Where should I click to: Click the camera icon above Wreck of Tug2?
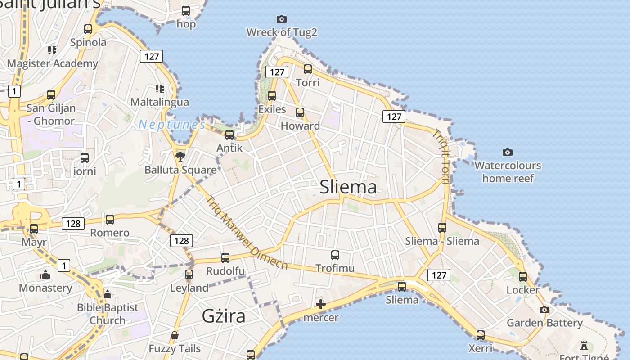tap(282, 19)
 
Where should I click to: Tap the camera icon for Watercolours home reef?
tap(508, 152)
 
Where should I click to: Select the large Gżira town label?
tap(224, 316)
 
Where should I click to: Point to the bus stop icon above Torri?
tap(308, 69)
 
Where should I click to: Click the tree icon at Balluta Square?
tap(180, 156)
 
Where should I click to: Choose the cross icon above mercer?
tap(321, 304)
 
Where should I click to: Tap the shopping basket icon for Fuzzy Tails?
tap(175, 335)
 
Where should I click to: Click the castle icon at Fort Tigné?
tap(584, 346)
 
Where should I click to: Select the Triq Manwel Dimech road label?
tap(246, 232)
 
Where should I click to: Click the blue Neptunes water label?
tap(172, 125)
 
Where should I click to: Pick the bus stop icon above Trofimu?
tap(335, 255)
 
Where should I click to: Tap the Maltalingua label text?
tap(160, 102)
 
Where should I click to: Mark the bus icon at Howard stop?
tap(300, 112)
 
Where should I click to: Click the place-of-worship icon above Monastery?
tap(45, 274)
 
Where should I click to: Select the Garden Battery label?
tap(544, 323)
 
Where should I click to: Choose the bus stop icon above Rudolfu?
tap(225, 258)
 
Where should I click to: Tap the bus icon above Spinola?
tap(88, 29)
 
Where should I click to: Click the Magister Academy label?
tap(53, 63)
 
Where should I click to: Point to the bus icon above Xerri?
tap(481, 335)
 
